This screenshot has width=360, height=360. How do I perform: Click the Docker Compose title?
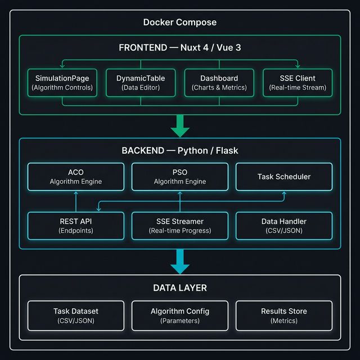pos(179,22)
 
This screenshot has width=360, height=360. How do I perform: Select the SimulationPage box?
pos(62,83)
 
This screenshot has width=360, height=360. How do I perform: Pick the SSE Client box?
pos(298,83)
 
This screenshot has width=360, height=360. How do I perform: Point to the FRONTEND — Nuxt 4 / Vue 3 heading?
pos(179,48)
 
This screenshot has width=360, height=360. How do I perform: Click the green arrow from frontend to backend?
pos(180,125)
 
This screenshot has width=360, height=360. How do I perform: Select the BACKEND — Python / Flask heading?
pos(179,151)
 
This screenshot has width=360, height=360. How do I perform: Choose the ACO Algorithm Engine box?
pos(75,177)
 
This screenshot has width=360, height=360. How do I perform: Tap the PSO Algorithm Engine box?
pos(180,177)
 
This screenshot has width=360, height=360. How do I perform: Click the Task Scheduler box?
pos(283,177)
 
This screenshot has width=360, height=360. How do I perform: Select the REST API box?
pos(75,226)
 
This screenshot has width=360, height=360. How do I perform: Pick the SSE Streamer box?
pos(180,226)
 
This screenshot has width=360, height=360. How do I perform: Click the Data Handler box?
pos(283,226)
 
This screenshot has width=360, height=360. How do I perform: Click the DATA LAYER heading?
pos(179,288)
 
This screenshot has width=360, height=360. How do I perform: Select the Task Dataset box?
pos(75,316)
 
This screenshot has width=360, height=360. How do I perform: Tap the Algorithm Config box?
pos(180,316)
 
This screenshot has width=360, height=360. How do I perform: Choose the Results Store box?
pos(283,316)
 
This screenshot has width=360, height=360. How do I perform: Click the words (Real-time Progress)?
pos(180,231)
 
